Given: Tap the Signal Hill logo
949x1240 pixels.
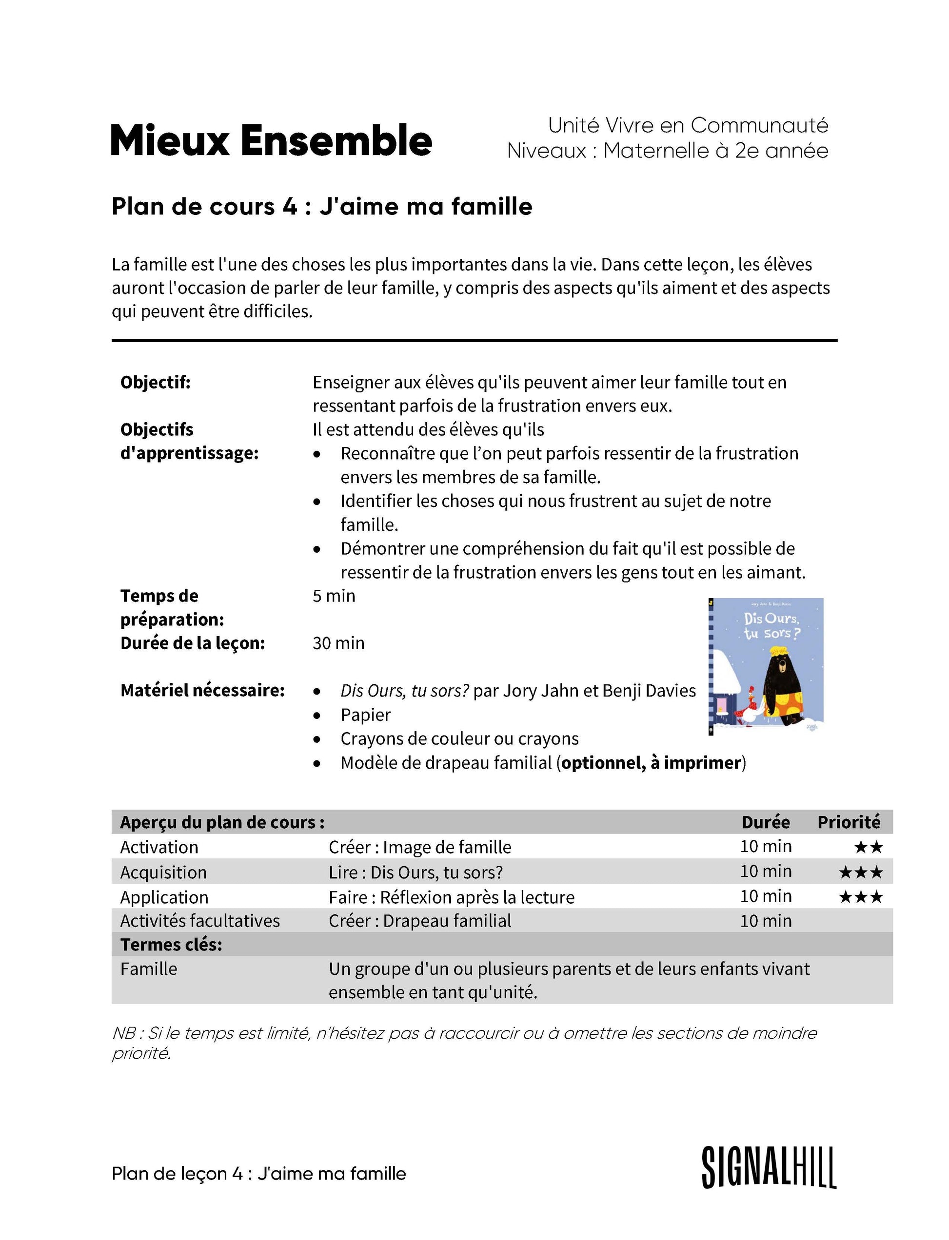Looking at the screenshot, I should pyautogui.click(x=769, y=1168).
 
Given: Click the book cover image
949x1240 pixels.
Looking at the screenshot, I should pyautogui.click(x=766, y=666).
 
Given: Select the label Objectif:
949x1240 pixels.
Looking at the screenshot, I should pyautogui.click(x=156, y=382).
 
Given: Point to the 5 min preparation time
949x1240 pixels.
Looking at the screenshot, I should pyautogui.click(x=334, y=596).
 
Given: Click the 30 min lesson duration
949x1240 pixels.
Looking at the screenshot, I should pyautogui.click(x=338, y=643).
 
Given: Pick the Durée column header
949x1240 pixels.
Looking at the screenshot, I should pyautogui.click(x=766, y=822).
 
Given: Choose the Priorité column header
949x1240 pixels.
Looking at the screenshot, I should pyautogui.click(x=849, y=822).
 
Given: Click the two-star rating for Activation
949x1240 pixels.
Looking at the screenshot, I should pyautogui.click(x=868, y=847).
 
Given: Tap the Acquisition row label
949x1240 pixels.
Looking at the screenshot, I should pyautogui.click(x=163, y=872).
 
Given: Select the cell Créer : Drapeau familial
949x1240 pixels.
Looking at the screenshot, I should pyautogui.click(x=420, y=921).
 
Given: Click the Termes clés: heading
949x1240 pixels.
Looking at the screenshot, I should pyautogui.click(x=171, y=945).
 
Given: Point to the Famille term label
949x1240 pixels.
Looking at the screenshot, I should pyautogui.click(x=149, y=969).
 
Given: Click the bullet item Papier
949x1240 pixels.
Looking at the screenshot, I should pyautogui.click(x=365, y=715).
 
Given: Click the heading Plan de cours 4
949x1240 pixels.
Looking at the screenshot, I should pyautogui.click(x=322, y=207).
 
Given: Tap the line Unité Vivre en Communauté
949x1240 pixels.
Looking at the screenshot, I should pyautogui.click(x=688, y=125).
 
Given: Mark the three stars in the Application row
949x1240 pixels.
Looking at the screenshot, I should pyautogui.click(x=860, y=897).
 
